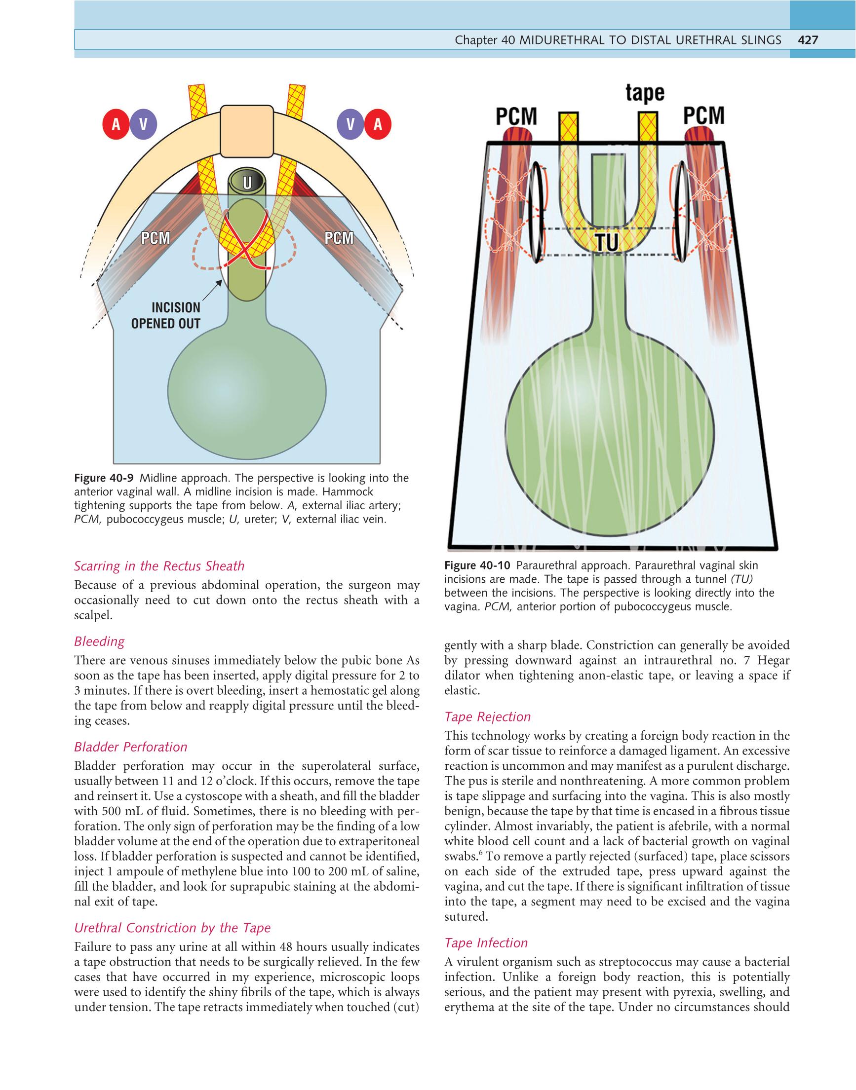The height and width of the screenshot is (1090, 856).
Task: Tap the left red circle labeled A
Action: coord(116,125)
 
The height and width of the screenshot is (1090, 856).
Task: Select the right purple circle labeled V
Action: coord(350,125)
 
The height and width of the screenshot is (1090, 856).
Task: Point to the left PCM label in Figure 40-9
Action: coord(156,238)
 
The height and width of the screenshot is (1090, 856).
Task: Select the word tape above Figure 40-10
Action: coord(645,94)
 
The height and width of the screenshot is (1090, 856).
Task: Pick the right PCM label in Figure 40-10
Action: coord(703,116)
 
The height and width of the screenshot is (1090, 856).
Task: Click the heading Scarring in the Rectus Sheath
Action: coord(159,566)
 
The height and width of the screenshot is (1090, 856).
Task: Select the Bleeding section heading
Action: coord(99,641)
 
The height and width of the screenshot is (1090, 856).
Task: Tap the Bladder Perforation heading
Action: coord(131,747)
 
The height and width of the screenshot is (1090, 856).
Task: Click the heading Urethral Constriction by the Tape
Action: coord(172,928)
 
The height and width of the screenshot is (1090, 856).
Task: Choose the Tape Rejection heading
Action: coord(487,717)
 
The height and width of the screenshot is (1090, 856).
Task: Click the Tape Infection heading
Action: coord(486,943)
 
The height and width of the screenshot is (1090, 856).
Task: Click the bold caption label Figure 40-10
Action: coord(476,566)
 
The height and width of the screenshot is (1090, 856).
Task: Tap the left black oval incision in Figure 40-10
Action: coord(536,212)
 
